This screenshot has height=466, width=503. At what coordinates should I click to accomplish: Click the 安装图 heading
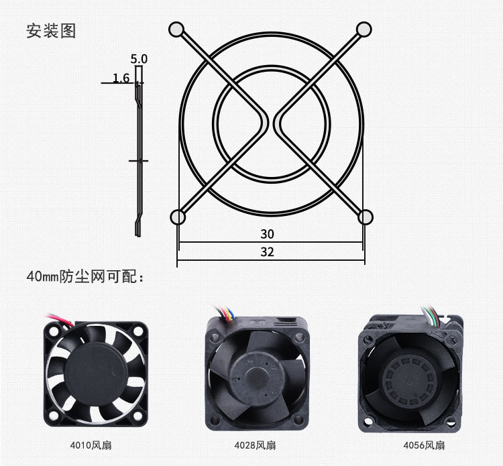pyautogui.click(x=51, y=31)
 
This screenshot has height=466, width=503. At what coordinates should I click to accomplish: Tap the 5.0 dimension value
pyautogui.click(x=139, y=59)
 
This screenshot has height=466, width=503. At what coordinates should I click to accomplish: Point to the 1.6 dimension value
pyautogui.click(x=121, y=78)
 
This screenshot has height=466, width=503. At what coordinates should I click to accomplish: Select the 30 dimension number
pyautogui.click(x=267, y=234)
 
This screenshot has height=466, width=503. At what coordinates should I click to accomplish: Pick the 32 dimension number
pyautogui.click(x=267, y=252)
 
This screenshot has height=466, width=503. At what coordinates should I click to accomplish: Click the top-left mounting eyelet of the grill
pyautogui.click(x=176, y=30)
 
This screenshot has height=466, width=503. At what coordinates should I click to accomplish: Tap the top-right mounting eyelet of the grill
pyautogui.click(x=364, y=30)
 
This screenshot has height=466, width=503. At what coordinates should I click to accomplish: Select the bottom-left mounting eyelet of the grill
pyautogui.click(x=178, y=217)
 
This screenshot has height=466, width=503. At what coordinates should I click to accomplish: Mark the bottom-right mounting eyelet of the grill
pyautogui.click(x=365, y=217)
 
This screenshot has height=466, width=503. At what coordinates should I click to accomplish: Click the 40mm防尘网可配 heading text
pyautogui.click(x=85, y=276)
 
